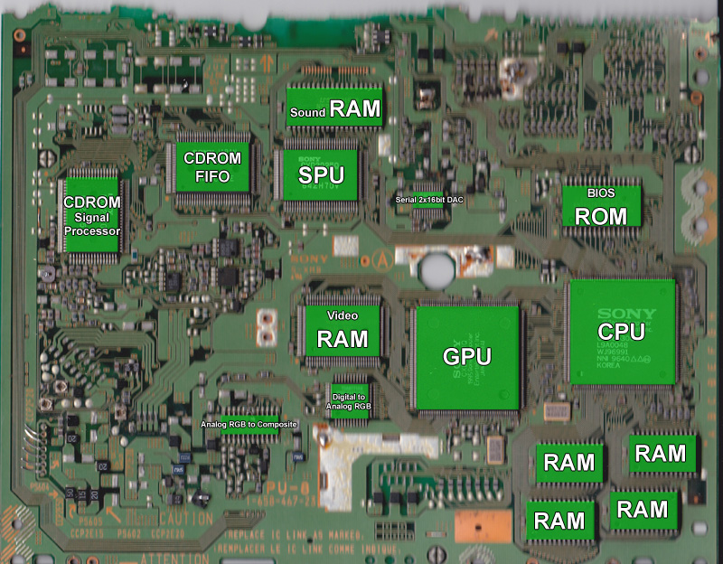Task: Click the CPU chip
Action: (621, 331)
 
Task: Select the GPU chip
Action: (466, 356)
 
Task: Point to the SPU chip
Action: (322, 174)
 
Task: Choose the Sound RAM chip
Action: (335, 108)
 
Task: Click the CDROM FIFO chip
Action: (212, 166)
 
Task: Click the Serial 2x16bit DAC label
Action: (429, 199)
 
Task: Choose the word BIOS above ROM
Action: (600, 193)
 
